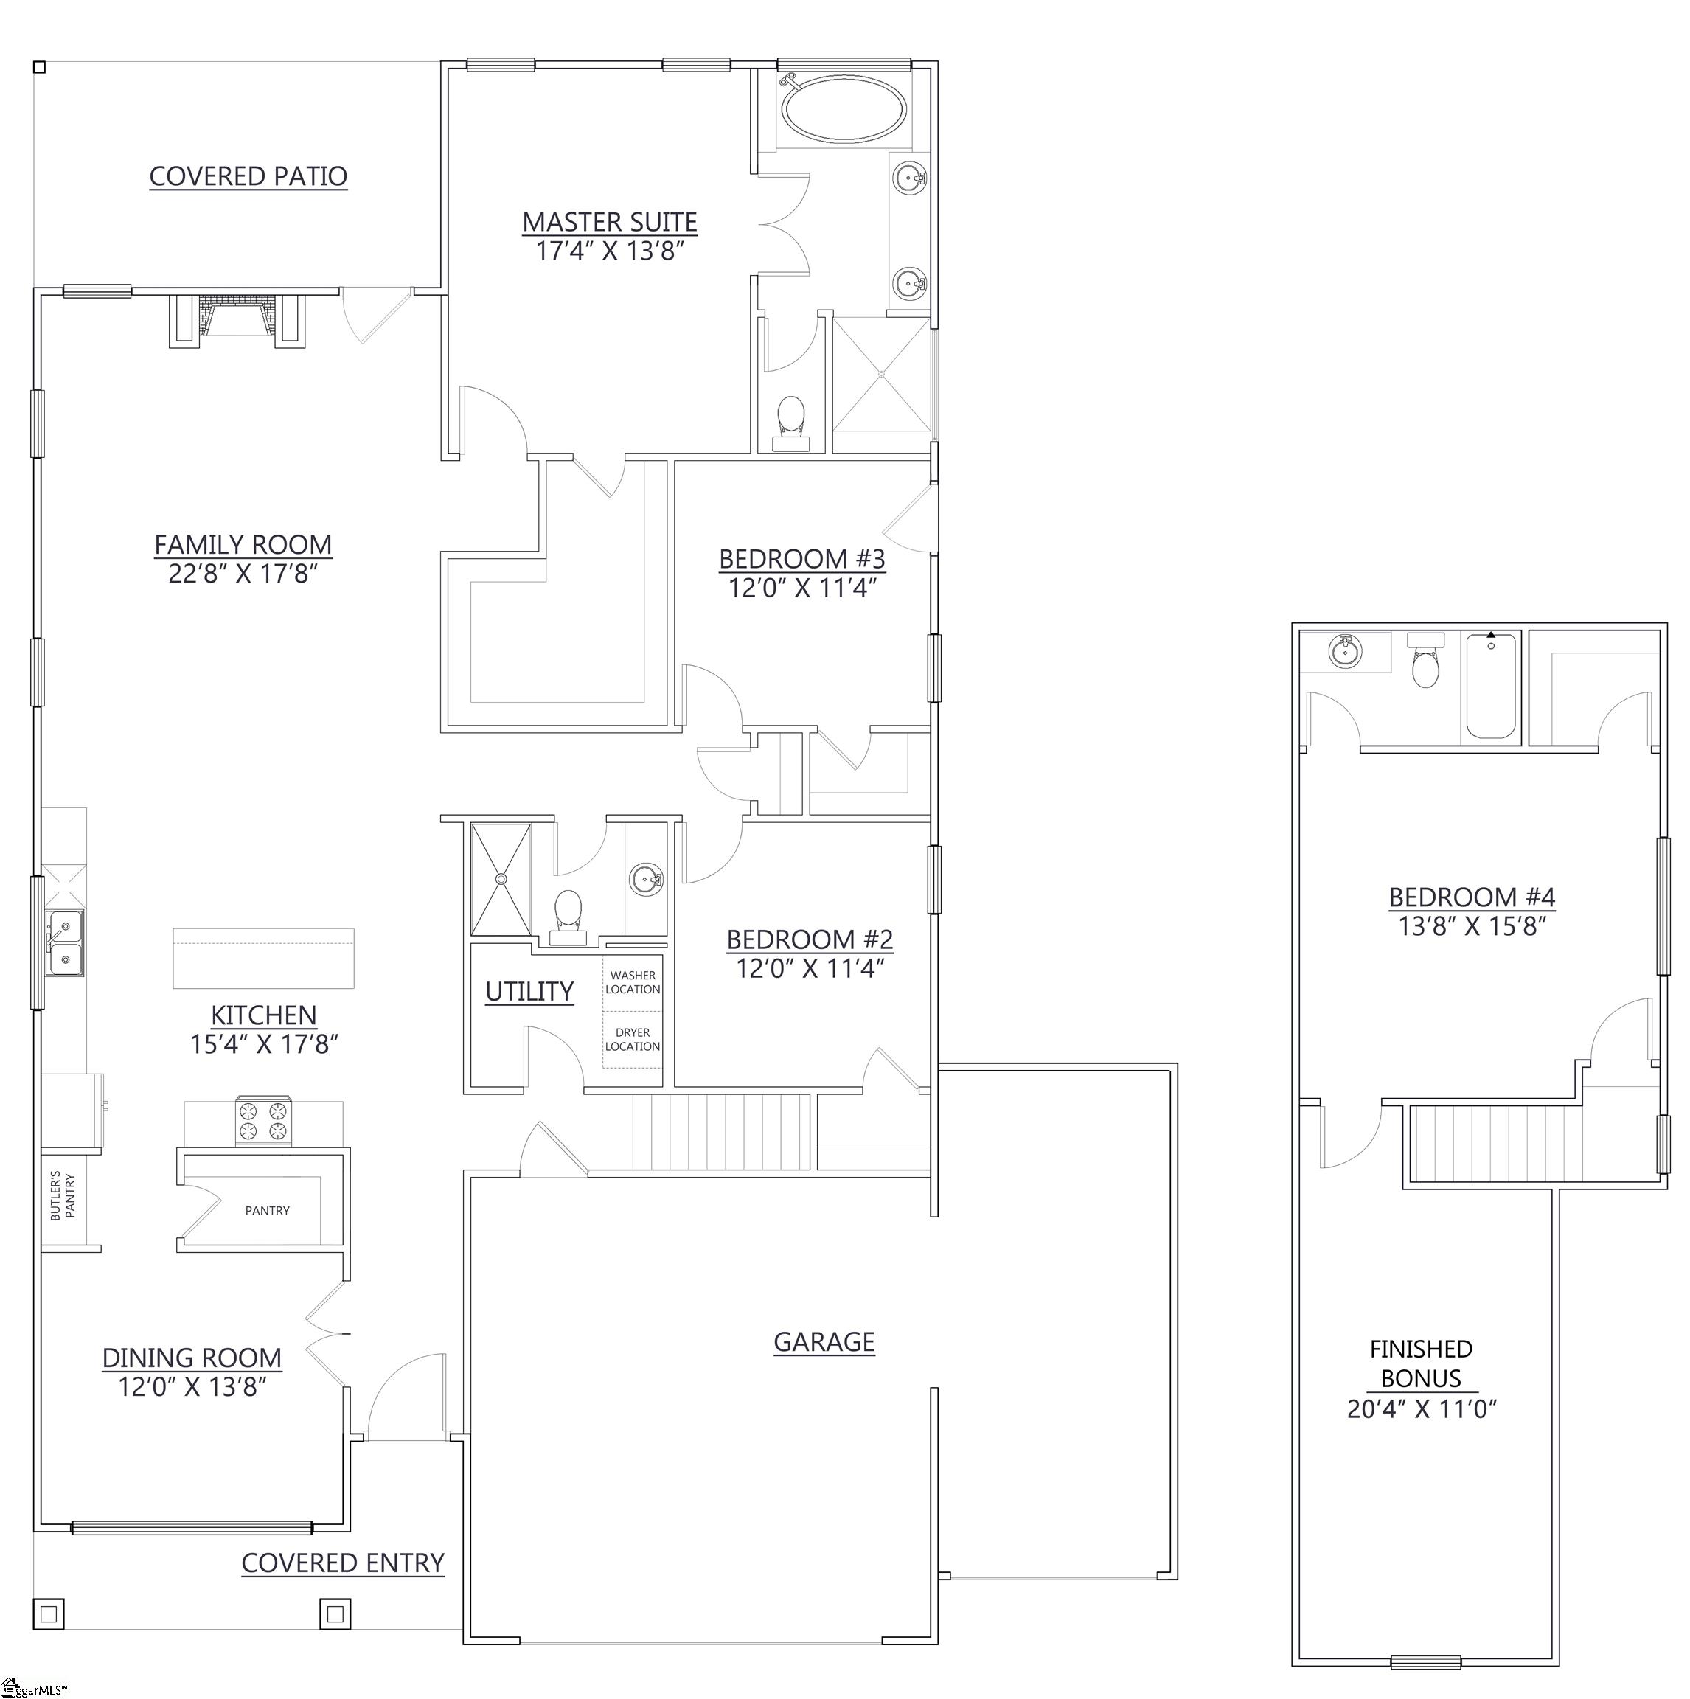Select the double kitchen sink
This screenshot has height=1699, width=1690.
pos(66,942)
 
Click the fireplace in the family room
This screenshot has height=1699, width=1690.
pos(237,320)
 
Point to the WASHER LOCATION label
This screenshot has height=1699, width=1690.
pos(632,981)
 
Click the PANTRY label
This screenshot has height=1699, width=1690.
pos(268,1210)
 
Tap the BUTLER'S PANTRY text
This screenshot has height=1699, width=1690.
pos(63,1195)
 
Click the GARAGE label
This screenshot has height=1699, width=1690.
pos(824,1341)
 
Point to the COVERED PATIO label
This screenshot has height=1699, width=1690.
pos(248,176)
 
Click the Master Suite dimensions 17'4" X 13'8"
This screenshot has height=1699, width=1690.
pos(611,251)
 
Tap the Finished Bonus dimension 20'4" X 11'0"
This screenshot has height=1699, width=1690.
pos(1422,1408)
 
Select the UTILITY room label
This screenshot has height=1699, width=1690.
pos(529,991)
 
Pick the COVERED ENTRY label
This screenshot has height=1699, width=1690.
pos(343,1563)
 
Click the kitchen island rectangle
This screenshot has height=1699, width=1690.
pos(264,959)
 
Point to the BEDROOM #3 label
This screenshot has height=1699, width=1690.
pos(802,558)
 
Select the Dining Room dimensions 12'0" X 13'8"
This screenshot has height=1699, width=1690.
pos(192,1386)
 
